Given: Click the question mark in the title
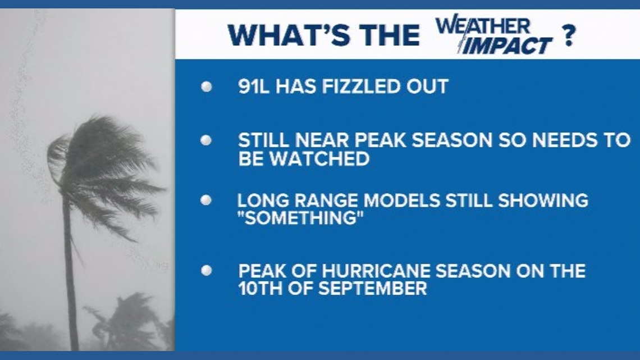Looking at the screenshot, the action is [569, 35].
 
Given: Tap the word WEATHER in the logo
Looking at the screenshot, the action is [482, 26].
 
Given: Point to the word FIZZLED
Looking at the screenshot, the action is [355, 86].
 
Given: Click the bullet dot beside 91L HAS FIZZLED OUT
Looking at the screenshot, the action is [207, 86].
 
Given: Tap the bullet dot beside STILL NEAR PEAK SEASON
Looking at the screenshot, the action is [207, 140].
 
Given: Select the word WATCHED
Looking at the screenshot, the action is [319, 159].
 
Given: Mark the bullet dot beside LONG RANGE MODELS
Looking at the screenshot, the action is [207, 200].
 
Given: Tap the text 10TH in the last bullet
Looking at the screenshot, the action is [260, 289].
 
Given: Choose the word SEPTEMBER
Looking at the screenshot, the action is [372, 289].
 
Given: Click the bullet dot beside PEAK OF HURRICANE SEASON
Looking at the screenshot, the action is [207, 271].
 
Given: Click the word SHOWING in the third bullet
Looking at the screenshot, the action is [543, 200].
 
